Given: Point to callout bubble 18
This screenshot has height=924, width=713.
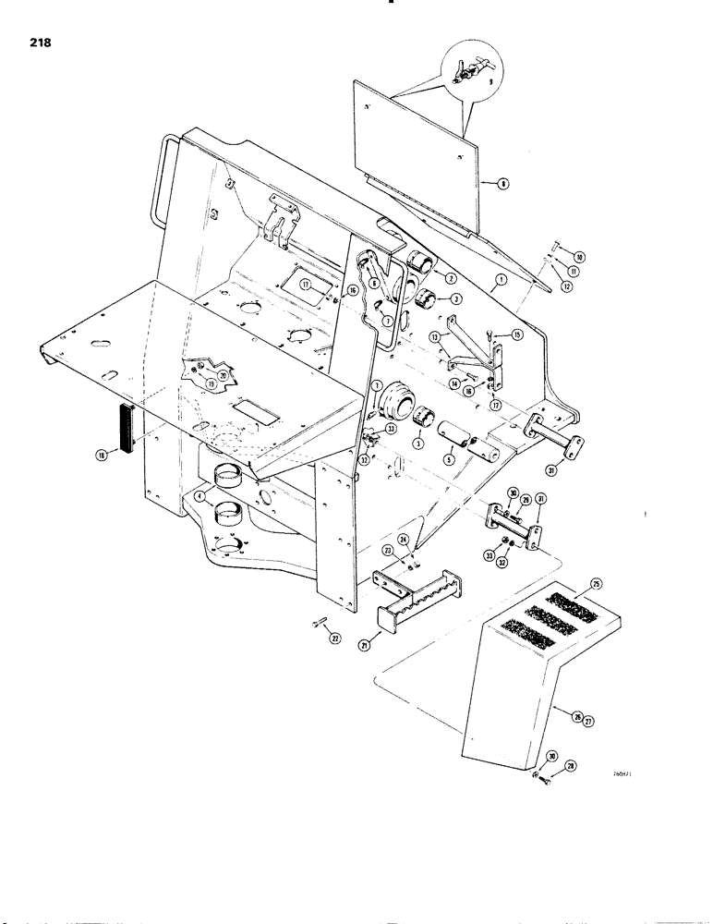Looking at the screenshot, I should (102, 454).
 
